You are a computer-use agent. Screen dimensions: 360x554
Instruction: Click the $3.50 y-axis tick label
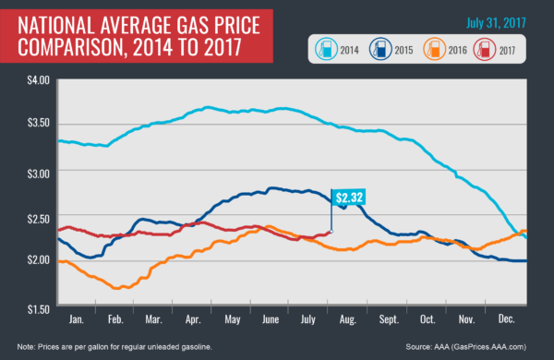coord(39,125)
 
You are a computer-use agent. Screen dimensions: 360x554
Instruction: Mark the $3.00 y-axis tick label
coord(39,172)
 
